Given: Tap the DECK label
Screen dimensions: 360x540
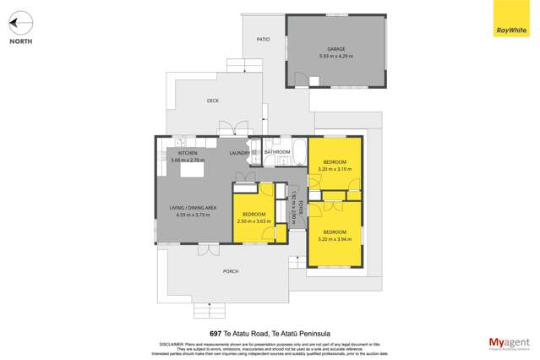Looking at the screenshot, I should pyautogui.click(x=213, y=101).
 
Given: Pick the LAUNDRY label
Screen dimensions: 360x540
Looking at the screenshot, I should pyautogui.click(x=241, y=153).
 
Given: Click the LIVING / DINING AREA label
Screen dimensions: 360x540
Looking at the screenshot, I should pyautogui.click(x=193, y=208).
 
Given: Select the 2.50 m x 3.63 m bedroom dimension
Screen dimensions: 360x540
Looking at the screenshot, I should pyautogui.click(x=255, y=221).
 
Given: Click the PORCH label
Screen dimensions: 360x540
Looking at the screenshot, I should pyautogui.click(x=230, y=271).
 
